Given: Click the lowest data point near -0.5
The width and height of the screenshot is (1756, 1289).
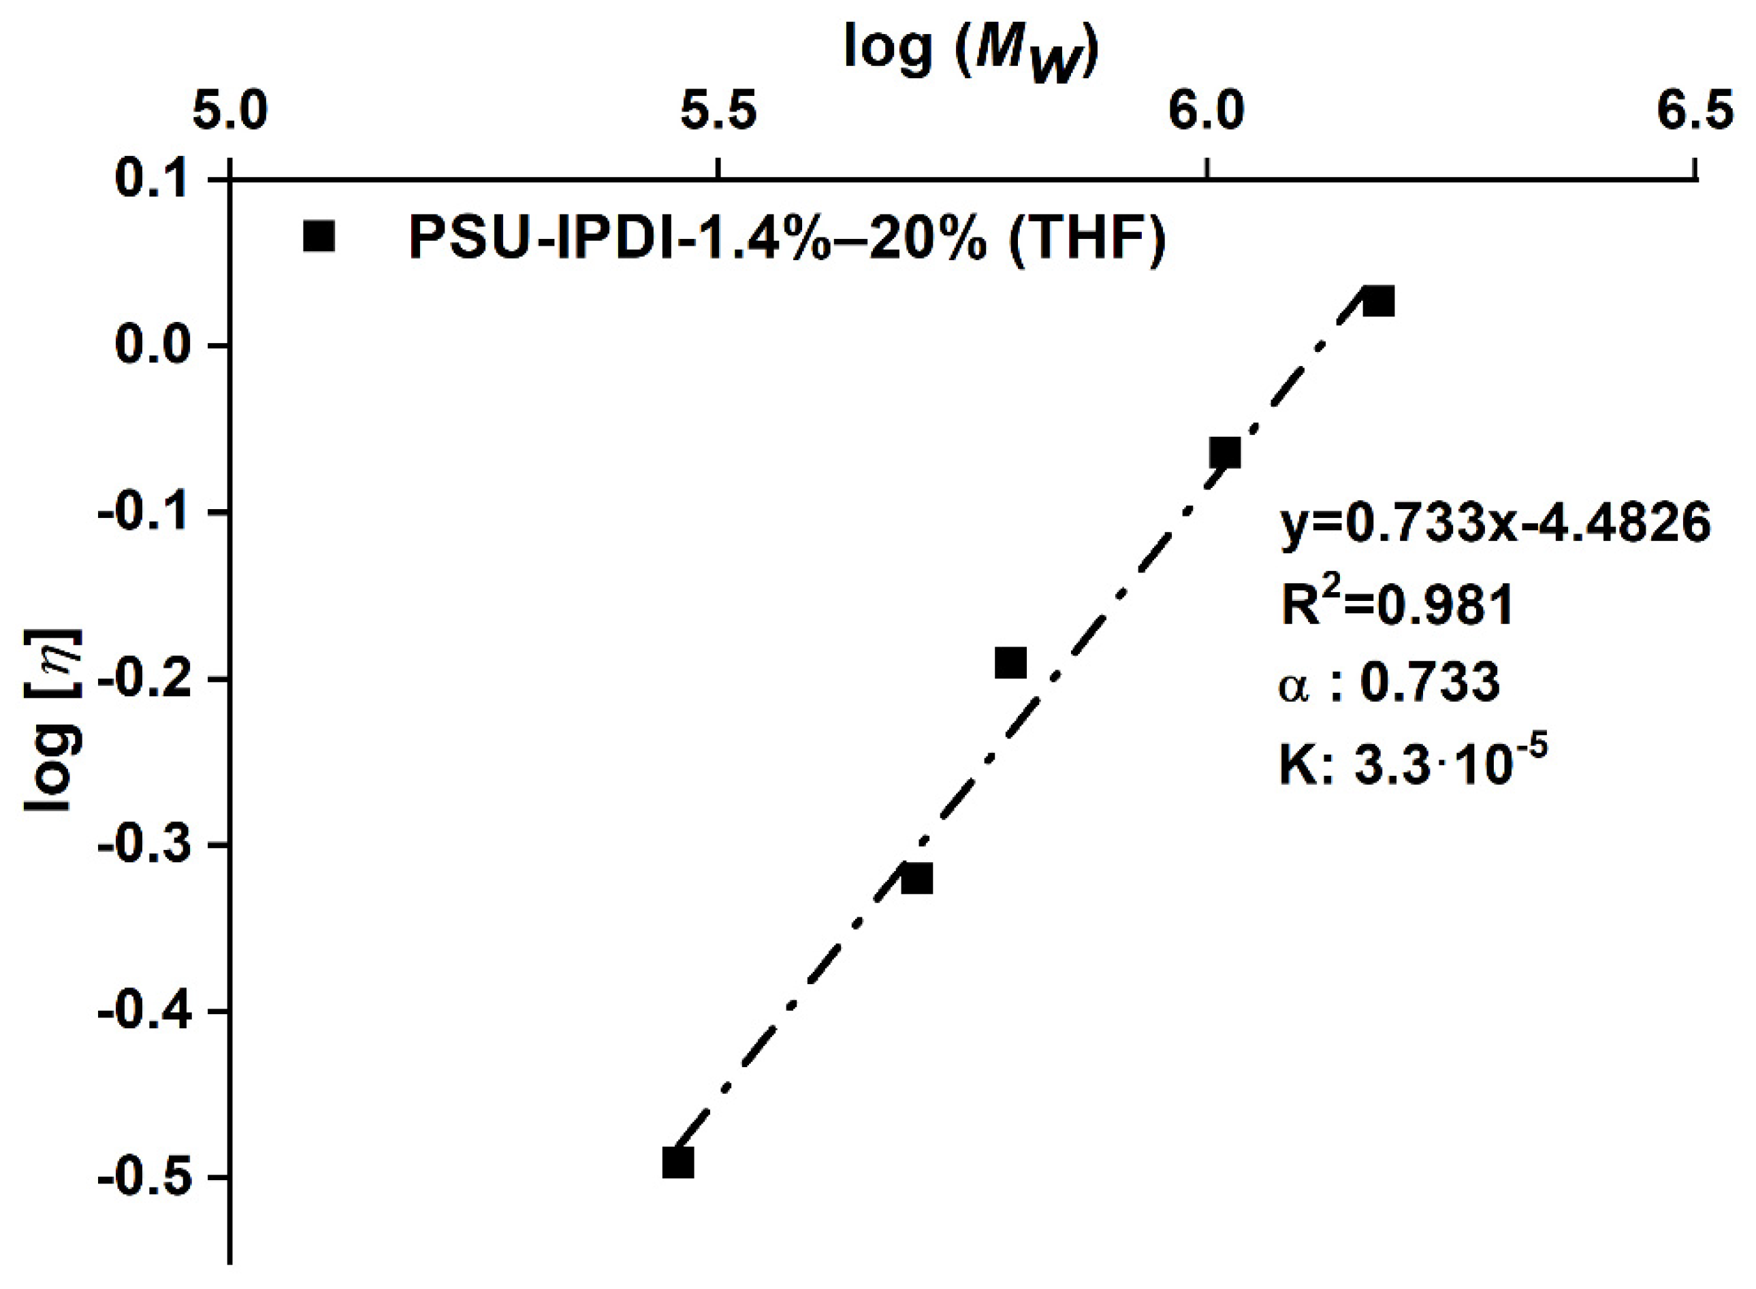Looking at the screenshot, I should (x=677, y=1162).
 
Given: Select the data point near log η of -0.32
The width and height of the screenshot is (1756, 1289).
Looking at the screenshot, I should (x=916, y=879).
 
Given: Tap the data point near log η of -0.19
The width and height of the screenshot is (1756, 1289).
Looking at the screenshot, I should (x=1010, y=662).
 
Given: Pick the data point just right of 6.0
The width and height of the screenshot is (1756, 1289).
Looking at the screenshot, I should (x=1224, y=453).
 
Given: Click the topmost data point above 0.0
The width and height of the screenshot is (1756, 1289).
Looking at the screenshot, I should (x=1378, y=301).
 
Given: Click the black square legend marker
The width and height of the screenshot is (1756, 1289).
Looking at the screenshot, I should (x=319, y=236).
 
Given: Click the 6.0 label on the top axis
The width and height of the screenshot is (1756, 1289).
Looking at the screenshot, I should (x=1207, y=111).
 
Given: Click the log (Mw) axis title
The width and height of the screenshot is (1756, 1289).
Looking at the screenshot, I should (x=971, y=52).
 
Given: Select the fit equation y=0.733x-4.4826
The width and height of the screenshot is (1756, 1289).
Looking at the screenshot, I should (x=1495, y=523).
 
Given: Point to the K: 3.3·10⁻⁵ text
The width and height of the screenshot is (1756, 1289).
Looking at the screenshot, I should (x=1413, y=763).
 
